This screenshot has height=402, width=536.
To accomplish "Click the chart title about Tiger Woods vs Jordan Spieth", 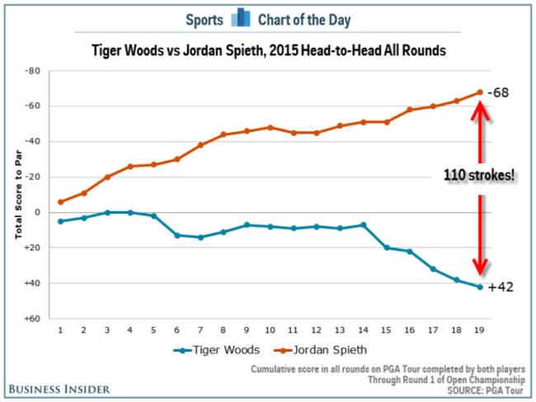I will tap(269, 50).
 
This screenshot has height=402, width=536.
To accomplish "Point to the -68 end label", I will tap(497, 92).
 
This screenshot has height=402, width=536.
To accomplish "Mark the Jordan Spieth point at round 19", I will tap(479, 92).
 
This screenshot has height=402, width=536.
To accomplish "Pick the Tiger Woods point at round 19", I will tap(479, 286).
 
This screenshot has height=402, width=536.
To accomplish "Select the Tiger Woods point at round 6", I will tap(177, 235).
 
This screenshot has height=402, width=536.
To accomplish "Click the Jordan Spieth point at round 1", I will tap(60, 202).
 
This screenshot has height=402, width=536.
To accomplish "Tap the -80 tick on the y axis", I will tap(33, 71).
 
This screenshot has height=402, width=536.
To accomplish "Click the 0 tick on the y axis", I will tap(37, 212).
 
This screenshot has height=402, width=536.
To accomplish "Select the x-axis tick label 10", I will tap(269, 329).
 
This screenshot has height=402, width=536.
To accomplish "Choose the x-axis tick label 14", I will tap(362, 329).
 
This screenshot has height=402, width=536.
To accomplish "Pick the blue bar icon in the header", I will tap(241, 18).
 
